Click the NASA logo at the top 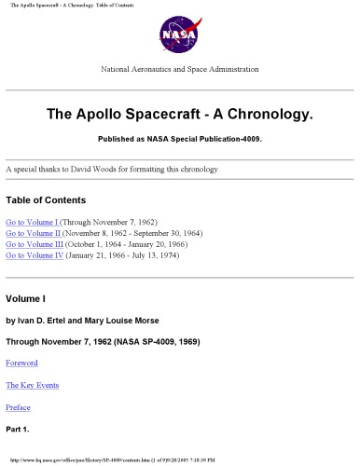coord(179,33)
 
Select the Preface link coord(19,407)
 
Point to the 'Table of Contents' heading coord(46,200)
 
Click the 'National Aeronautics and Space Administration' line coord(179,69)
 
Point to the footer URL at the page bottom coord(103,460)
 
